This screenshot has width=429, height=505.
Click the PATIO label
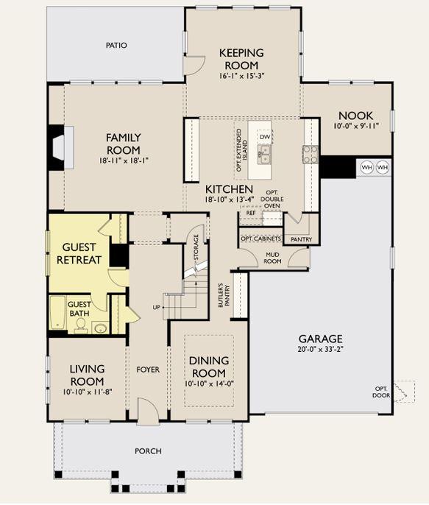click(x=116, y=46)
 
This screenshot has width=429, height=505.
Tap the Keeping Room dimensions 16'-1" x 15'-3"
click(x=241, y=76)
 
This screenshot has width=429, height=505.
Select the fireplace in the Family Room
click(x=61, y=147)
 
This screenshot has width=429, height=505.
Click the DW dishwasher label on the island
click(x=265, y=137)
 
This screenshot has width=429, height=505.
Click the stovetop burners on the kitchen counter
click(x=311, y=155)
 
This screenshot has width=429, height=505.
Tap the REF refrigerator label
click(x=251, y=213)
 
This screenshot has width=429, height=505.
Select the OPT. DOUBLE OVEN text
click(x=272, y=199)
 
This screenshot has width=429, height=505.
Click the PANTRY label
click(x=301, y=239)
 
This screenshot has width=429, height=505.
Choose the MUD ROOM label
click(x=272, y=258)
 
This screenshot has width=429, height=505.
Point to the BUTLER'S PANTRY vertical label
click(x=224, y=295)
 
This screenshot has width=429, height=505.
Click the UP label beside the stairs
click(x=157, y=308)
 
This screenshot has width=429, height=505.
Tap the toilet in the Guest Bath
click(x=80, y=325)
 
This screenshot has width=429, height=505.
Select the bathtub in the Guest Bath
click(x=58, y=313)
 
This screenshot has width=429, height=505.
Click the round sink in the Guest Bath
click(x=101, y=328)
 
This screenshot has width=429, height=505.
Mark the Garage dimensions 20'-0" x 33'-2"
click(x=321, y=349)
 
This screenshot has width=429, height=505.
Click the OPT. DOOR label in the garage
click(x=381, y=392)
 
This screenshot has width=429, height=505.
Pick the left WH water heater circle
click(x=367, y=168)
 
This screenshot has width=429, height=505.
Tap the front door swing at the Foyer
click(x=148, y=410)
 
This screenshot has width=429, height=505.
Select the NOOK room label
click(x=355, y=116)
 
